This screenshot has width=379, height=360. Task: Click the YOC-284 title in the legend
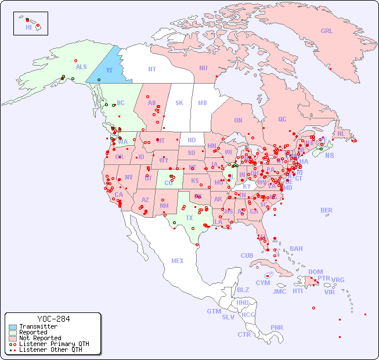53,319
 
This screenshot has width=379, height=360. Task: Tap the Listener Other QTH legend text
50,350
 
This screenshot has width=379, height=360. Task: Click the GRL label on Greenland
327,31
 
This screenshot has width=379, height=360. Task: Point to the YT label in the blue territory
109,70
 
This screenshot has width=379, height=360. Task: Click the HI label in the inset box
28,27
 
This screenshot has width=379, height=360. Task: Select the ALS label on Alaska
81,67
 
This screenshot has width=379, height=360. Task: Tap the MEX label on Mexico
177,261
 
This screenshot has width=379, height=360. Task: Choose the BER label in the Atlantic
327,210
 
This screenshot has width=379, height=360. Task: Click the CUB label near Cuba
247,255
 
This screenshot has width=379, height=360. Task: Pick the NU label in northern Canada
203,68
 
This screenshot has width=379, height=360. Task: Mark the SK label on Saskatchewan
179,103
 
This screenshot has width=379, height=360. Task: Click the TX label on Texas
189,218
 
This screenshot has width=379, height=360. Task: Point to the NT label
151,69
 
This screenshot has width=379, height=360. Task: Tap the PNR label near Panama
277,327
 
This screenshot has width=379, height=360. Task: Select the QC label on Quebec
282,119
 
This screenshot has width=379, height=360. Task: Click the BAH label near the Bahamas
296,249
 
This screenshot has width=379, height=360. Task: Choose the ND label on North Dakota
192,140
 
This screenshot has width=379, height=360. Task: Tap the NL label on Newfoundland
341,134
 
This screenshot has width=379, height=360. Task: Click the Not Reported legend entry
39,338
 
